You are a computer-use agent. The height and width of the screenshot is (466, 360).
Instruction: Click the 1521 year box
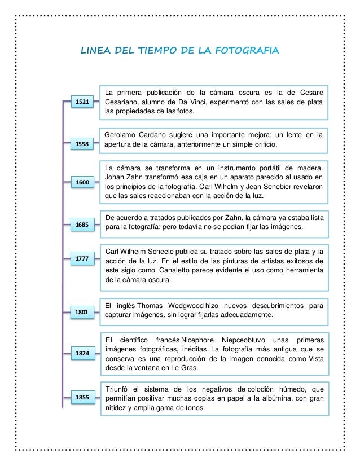82,102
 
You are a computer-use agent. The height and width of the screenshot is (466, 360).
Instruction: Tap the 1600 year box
82,182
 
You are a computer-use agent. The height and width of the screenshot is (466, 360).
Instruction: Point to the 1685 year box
82,225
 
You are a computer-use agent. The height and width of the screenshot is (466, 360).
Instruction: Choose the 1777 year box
82,259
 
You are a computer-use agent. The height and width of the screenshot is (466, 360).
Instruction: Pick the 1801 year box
82,311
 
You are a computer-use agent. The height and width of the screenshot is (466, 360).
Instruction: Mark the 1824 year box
82,353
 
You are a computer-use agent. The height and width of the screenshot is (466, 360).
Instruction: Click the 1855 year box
82,398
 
